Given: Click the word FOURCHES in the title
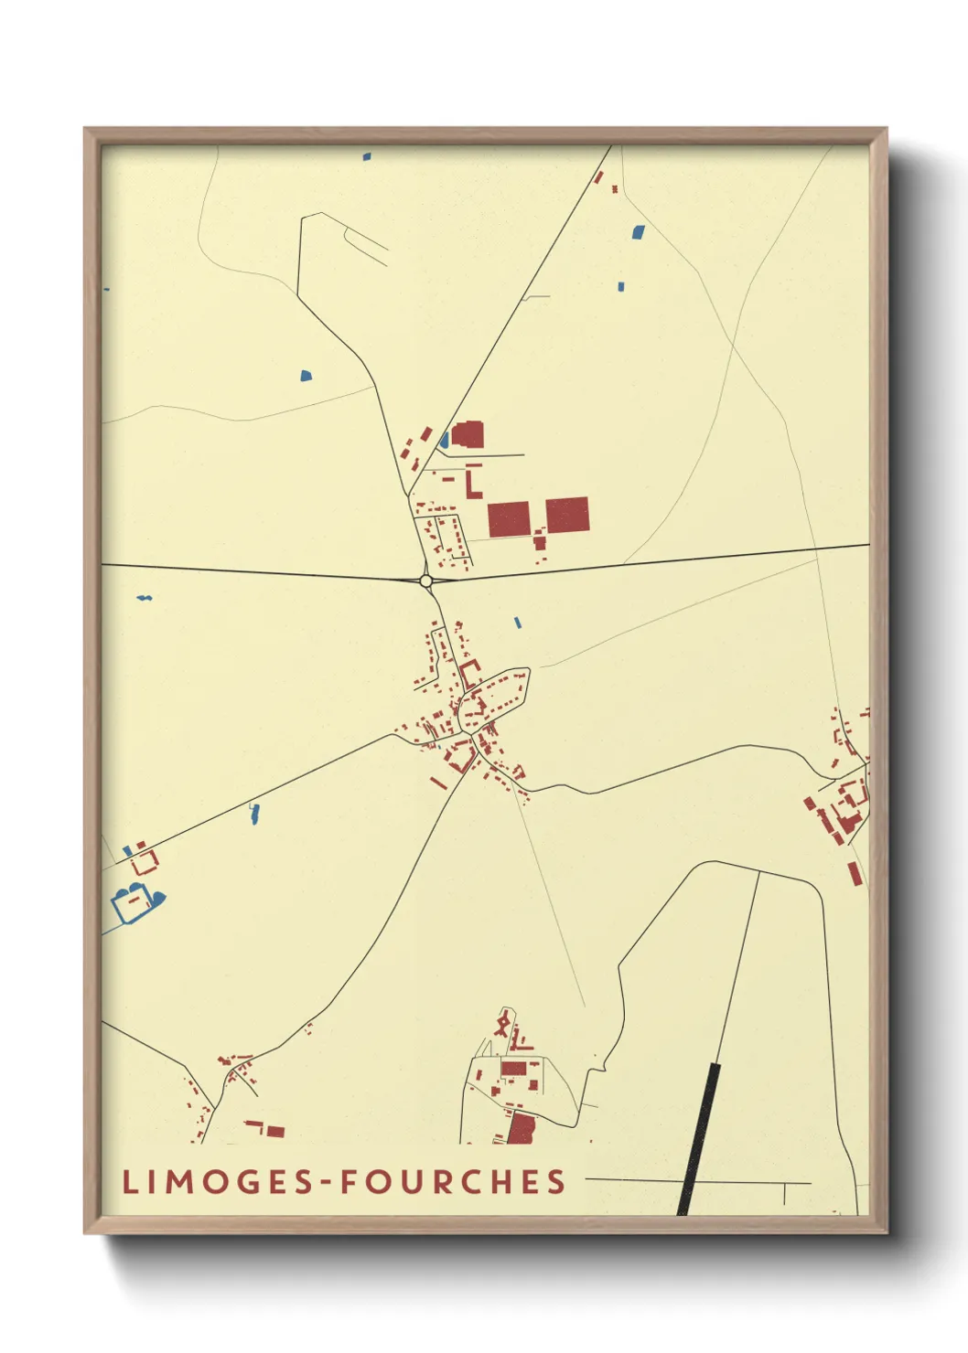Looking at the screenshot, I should coord(453,1182).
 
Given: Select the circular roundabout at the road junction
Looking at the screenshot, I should coord(425,581).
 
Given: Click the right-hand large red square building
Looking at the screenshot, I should coord(567,515).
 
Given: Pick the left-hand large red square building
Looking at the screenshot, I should coord(509,519).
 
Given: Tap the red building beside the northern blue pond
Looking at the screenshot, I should coord(468,434).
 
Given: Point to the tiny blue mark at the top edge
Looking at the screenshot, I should coord(367,156).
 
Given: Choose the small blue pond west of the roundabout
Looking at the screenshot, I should coord(145,598).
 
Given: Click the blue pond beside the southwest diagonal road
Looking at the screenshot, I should coord(254,813).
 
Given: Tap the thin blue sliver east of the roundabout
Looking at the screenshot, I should coord(517,623).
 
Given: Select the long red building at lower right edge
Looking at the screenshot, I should coord(855,873).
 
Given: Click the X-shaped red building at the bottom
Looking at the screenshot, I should coord(502,1023).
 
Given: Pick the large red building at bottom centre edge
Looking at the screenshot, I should coord(521,1129).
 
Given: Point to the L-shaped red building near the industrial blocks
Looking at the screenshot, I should coord(472,484).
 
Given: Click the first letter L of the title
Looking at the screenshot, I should coord(130,1182).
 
